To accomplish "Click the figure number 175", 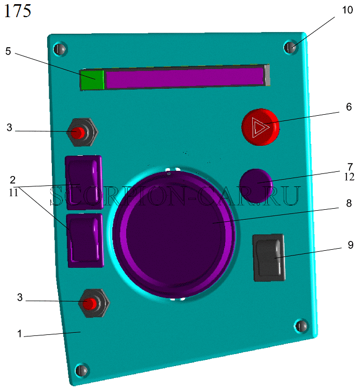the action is click(x=18, y=11).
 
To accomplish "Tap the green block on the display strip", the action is click(x=92, y=80).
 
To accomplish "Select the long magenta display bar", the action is click(x=185, y=77).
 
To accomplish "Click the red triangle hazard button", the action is click(x=260, y=127).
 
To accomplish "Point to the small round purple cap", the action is click(x=256, y=186).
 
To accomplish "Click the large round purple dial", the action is click(x=174, y=234).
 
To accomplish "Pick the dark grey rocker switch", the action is click(x=269, y=258).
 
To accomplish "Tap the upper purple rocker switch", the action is click(x=84, y=182).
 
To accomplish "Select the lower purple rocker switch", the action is click(x=86, y=240).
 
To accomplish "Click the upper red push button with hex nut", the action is click(x=82, y=132).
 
